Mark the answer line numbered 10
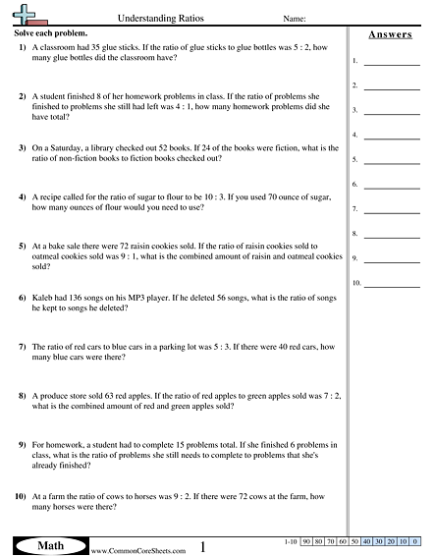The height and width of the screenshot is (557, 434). click(x=392, y=284)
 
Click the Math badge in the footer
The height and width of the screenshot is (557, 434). click(x=48, y=543)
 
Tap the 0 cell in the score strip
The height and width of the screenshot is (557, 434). click(x=415, y=541)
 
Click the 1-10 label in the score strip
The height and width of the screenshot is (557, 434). click(x=288, y=541)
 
